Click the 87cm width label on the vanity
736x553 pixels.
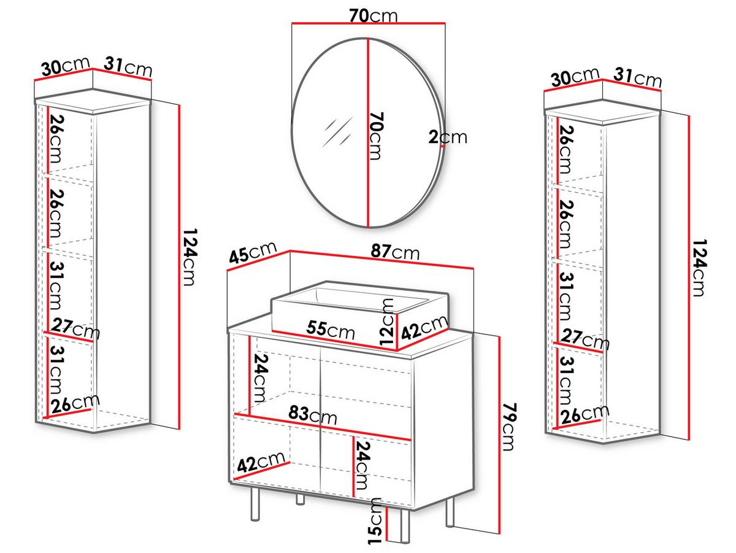[394, 252]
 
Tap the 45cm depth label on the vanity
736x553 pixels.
[253, 252]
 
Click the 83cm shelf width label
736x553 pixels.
[313, 415]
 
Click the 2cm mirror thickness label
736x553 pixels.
[447, 137]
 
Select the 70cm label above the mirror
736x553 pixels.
[373, 15]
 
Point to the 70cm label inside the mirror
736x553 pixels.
[376, 136]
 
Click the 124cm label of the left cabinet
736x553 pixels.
[190, 257]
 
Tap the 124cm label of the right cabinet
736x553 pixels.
[699, 268]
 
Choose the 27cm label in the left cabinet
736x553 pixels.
[75, 329]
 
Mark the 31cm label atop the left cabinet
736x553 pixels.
[128, 66]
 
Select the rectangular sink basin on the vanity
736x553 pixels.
[360, 315]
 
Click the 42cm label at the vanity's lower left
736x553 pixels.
[261, 462]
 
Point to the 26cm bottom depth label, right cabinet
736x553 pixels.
[585, 415]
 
